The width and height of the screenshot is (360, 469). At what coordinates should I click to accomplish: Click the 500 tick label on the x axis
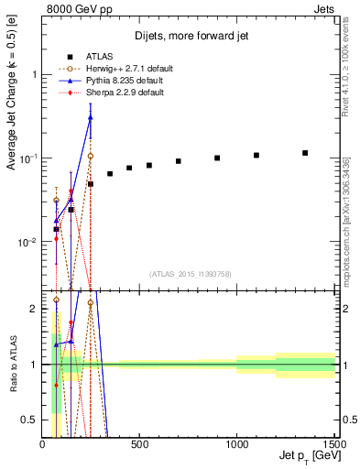139,446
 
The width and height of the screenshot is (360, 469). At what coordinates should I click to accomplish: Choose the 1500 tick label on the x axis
334,446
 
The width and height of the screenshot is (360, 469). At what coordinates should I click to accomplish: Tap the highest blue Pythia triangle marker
91,116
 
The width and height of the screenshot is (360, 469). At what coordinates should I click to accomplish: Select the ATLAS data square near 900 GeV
217,158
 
